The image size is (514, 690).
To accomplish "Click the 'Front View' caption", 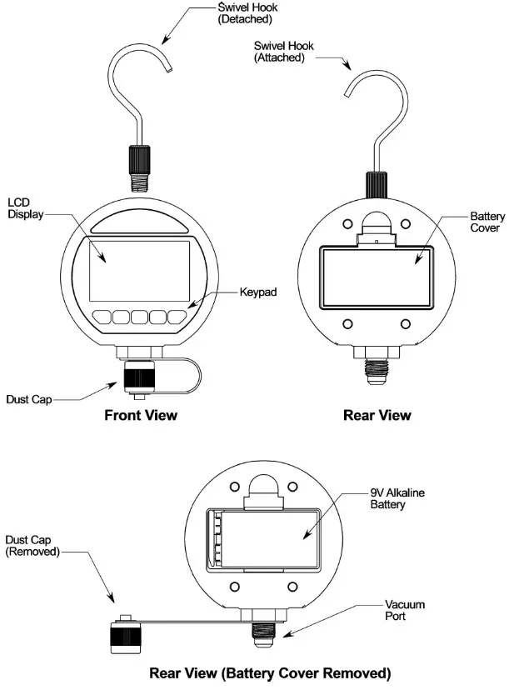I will (x=140, y=414).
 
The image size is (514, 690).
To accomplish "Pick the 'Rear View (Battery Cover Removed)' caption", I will (x=269, y=672).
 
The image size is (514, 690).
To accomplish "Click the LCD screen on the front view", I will (x=137, y=270).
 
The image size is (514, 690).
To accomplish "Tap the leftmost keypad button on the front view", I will (x=102, y=317).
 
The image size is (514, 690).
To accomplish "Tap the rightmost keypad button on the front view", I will (x=177, y=317).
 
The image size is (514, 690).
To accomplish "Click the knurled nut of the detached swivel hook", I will (x=137, y=156).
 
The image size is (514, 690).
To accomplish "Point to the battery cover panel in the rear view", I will (x=375, y=274).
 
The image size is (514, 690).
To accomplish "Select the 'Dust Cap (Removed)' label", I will (x=32, y=546).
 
